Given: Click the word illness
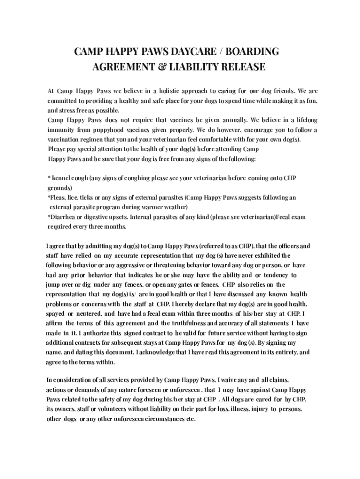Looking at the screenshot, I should tap(238, 409).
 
